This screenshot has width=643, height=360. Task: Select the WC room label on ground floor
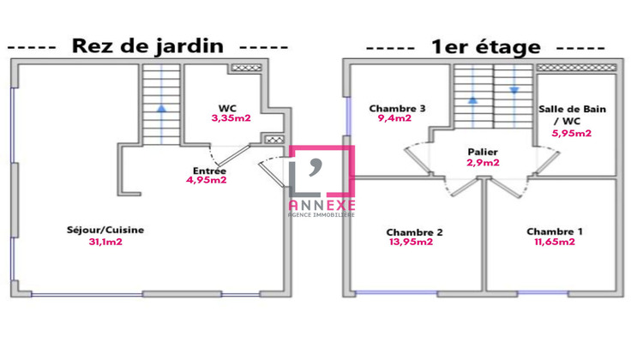pos(227,108)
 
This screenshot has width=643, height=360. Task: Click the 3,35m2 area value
pos(230,118)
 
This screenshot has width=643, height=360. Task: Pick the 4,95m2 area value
pos(206,180)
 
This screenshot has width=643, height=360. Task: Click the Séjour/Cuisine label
pos(105,231)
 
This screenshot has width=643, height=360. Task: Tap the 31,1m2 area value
pos(105,242)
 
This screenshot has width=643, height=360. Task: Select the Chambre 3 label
pos(397,109)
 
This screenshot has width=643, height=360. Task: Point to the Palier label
pos(483,151)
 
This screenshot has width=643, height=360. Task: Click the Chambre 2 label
pos(414,232)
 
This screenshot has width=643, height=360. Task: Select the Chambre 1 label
pos(554,231)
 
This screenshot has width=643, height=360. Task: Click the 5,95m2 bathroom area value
pos(572,133)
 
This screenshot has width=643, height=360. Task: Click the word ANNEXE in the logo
pos(321,204)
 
